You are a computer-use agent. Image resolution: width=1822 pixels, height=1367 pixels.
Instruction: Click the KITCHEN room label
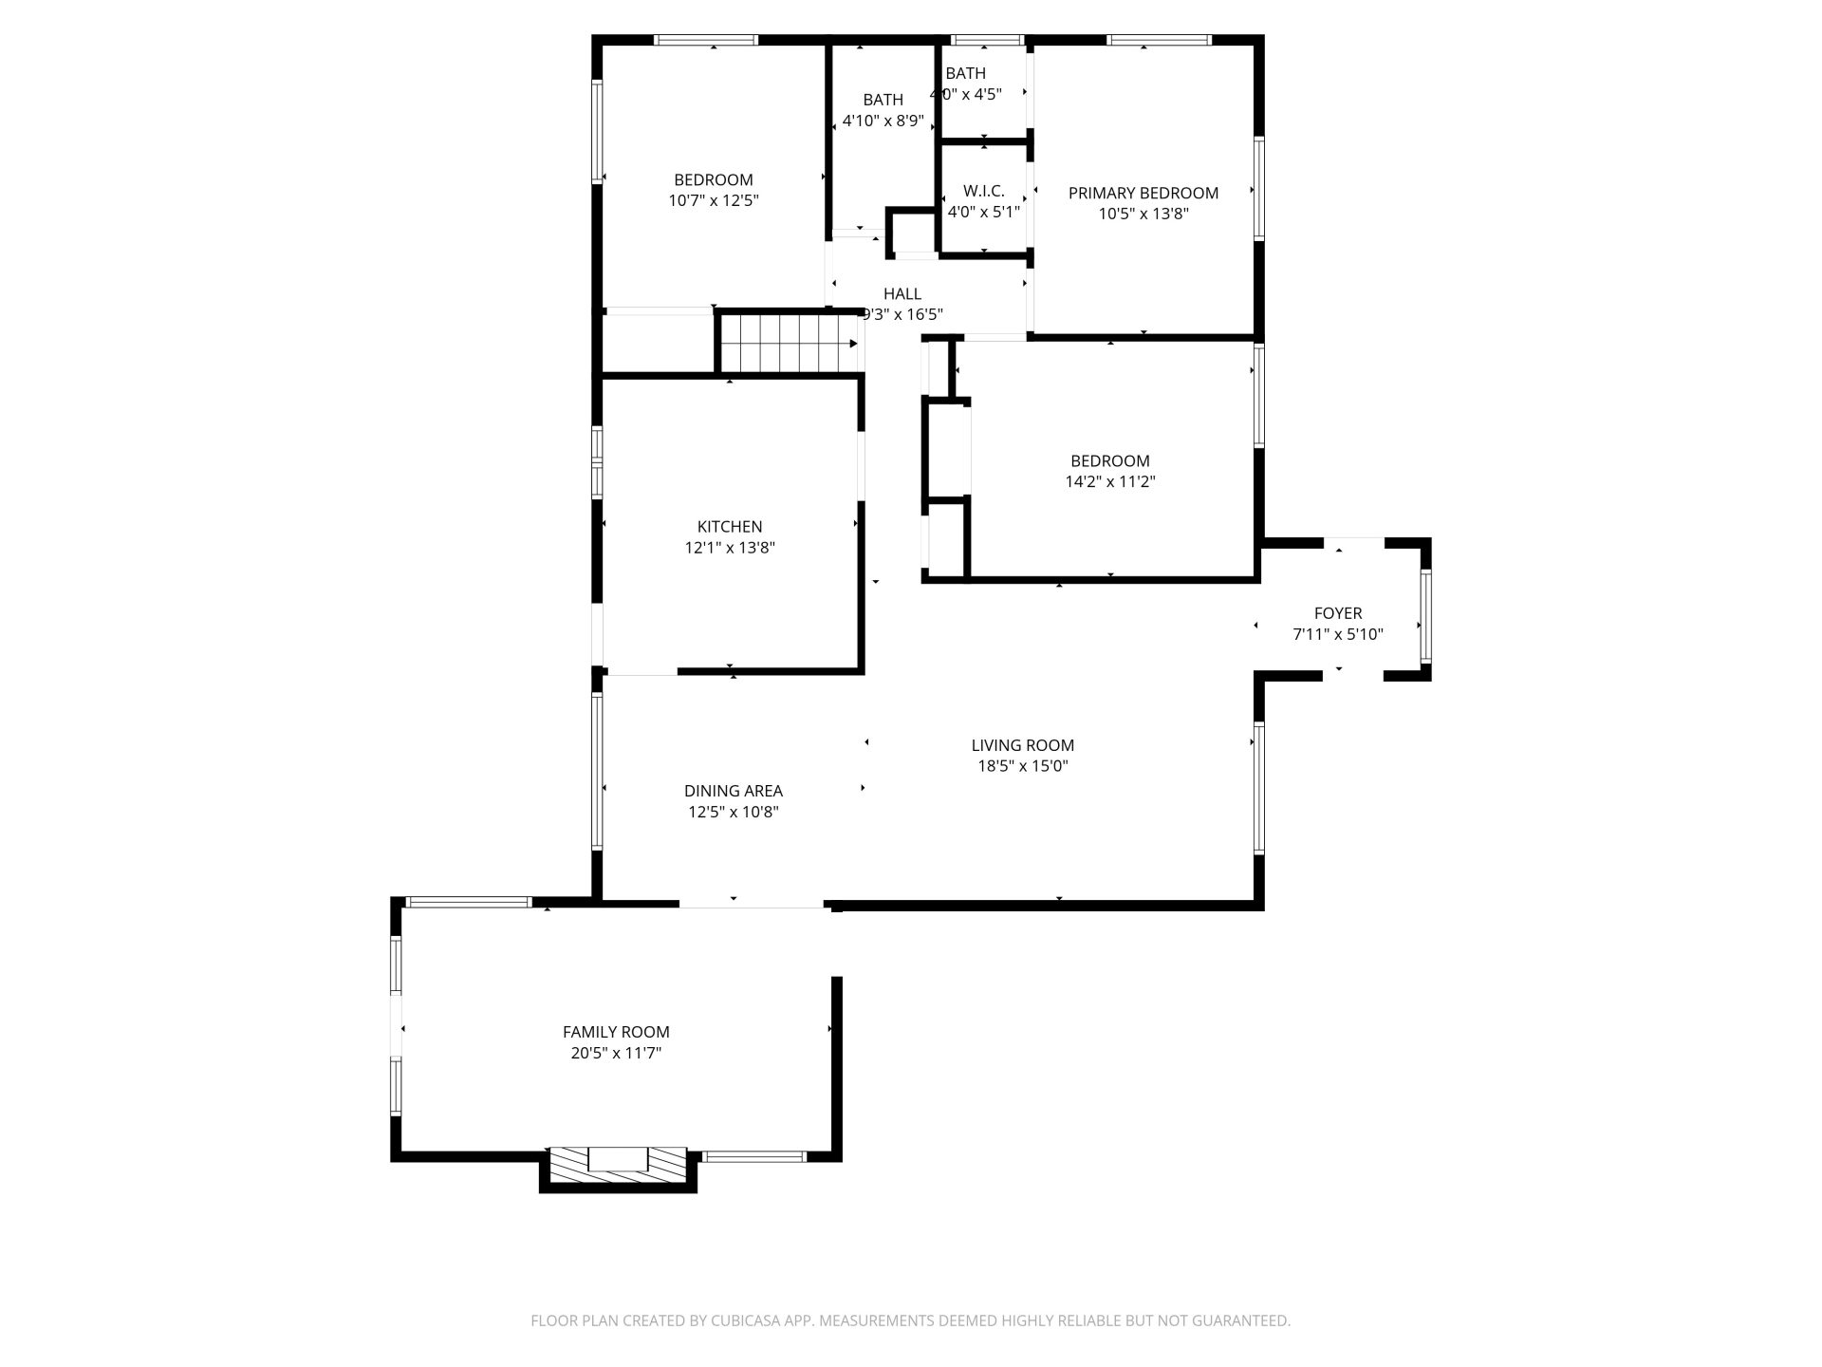(730, 527)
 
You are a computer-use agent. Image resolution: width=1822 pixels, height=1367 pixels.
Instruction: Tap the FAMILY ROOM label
(616, 1032)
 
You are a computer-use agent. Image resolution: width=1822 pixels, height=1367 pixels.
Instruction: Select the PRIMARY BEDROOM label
(1143, 193)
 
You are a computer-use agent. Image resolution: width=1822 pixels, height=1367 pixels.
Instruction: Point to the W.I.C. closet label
(984, 191)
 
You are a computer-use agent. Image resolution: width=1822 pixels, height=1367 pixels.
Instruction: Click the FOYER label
(1338, 613)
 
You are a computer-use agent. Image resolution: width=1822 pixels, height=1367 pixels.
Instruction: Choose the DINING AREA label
(734, 791)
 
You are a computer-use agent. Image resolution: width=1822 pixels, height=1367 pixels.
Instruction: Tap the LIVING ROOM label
(1023, 745)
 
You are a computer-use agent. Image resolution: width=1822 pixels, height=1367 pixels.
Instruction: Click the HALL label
(902, 293)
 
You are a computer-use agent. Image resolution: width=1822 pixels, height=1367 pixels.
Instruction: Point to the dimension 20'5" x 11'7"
(616, 1053)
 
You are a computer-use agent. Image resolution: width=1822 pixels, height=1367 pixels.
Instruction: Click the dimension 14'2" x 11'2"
(1110, 481)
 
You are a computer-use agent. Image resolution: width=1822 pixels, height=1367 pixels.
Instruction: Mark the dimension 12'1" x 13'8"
(730, 548)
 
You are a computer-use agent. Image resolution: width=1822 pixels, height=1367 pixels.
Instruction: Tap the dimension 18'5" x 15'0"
(1023, 766)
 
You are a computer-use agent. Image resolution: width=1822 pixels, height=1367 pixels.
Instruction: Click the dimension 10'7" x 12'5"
(714, 200)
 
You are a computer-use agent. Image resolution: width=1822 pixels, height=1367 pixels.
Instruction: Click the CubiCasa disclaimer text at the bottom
(911, 1320)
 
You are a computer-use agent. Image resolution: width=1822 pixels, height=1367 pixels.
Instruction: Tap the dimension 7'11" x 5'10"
(1338, 634)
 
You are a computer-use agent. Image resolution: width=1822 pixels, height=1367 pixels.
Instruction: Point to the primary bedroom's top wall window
(1159, 40)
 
